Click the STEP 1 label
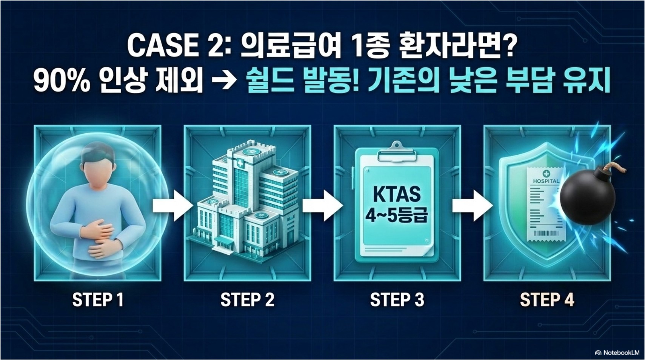coord(98,300)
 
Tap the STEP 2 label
coord(247,300)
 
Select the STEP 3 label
coord(397,300)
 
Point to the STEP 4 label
coord(547,300)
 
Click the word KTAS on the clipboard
coord(396,194)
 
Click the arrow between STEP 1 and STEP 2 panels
coord(172,206)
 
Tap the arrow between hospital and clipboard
coord(322,206)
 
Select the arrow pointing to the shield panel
coord(472,206)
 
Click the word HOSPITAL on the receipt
coord(546,181)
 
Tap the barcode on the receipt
coord(546,233)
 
